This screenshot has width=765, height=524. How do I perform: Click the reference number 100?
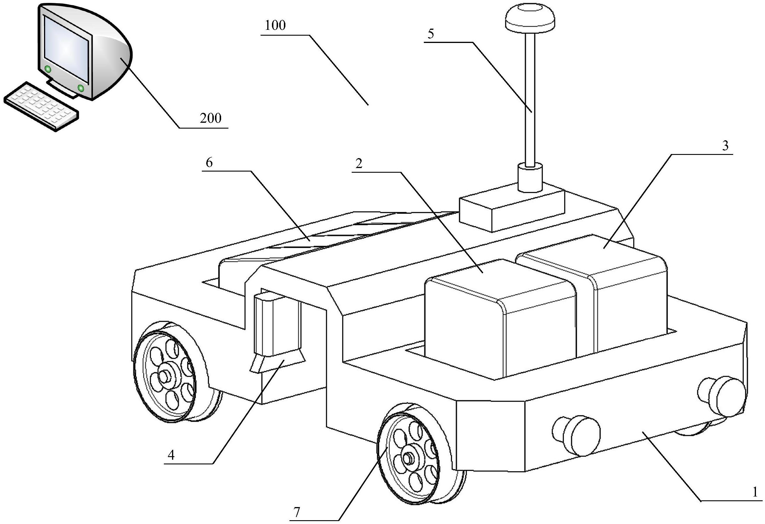click(275, 25)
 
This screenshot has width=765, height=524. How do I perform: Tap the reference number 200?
click(211, 118)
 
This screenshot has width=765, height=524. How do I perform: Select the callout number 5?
click(431, 34)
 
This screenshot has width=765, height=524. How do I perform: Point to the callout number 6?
click(209, 163)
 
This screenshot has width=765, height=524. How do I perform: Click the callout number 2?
click(359, 163)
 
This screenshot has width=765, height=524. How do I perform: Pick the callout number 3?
click(726, 146)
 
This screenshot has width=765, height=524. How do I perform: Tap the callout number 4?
click(171, 455)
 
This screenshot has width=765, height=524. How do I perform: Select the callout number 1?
click(755, 501)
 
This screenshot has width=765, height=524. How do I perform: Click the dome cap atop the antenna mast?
click(530, 16)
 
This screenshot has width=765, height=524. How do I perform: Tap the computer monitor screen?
click(67, 49)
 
